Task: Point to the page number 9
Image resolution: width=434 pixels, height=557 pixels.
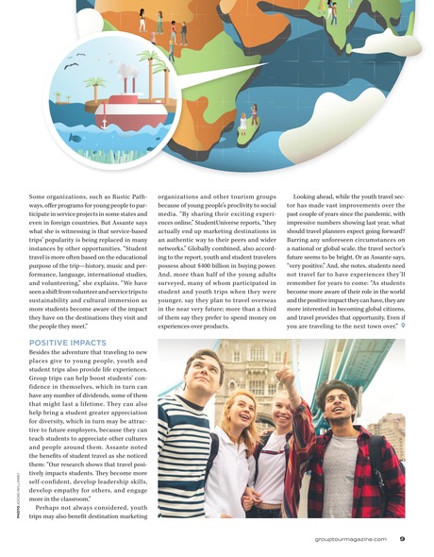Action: point(402,539)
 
